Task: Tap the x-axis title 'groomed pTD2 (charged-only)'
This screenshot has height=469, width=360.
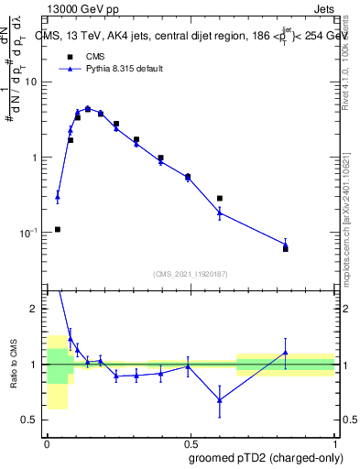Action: coord(267,457)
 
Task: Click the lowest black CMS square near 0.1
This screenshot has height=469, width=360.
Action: coord(58,229)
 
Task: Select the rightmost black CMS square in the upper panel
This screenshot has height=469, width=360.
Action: coord(286,248)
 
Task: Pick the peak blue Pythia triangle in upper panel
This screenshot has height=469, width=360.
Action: coord(88,108)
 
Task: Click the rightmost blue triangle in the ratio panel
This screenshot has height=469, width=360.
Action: coord(286,353)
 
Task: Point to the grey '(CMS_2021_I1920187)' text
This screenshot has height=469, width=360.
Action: coord(191,274)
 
